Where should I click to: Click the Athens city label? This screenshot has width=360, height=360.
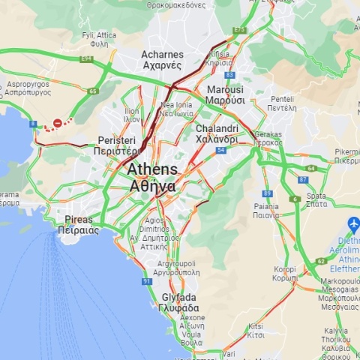click(152, 177)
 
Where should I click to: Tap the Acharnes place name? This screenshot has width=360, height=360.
click(162, 59)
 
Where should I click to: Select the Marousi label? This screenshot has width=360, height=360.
click(224, 94)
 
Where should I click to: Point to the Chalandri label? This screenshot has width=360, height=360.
click(217, 133)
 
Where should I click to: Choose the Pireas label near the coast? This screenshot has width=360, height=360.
click(78, 225)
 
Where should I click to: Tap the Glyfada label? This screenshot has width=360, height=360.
click(180, 302)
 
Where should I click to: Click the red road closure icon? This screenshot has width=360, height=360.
click(58, 123)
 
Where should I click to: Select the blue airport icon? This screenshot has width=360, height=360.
click(353, 224)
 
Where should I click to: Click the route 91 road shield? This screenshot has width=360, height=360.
click(147, 281)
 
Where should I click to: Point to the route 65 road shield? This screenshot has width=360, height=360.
click(93, 91)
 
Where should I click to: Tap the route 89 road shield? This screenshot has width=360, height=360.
click(267, 193)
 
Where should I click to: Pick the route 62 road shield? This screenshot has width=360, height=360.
click(320, 261)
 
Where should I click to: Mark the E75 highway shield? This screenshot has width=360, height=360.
click(239, 30)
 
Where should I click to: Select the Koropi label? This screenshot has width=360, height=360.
click(284, 273)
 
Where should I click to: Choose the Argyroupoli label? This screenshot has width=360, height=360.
click(175, 268)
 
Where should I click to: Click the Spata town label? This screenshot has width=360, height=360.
click(316, 199)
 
